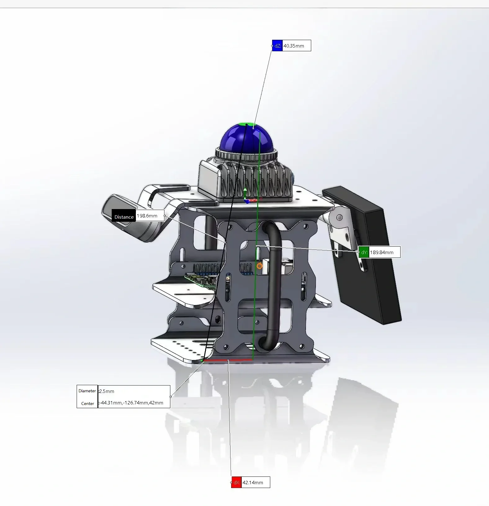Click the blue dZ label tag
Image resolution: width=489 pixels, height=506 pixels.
[277, 46]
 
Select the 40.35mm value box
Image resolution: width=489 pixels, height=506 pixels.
[296, 46]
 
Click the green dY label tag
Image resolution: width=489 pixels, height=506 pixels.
[364, 252]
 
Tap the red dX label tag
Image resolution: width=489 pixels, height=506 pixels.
[236, 482]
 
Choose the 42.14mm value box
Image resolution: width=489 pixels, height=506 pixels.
[255, 482]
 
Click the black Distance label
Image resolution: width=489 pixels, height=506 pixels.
[124, 217]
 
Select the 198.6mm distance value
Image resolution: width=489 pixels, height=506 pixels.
[150, 216]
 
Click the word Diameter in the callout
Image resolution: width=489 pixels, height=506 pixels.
[87, 391]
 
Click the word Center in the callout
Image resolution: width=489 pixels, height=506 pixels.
[87, 403]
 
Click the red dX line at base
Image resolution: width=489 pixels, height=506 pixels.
[228, 360]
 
